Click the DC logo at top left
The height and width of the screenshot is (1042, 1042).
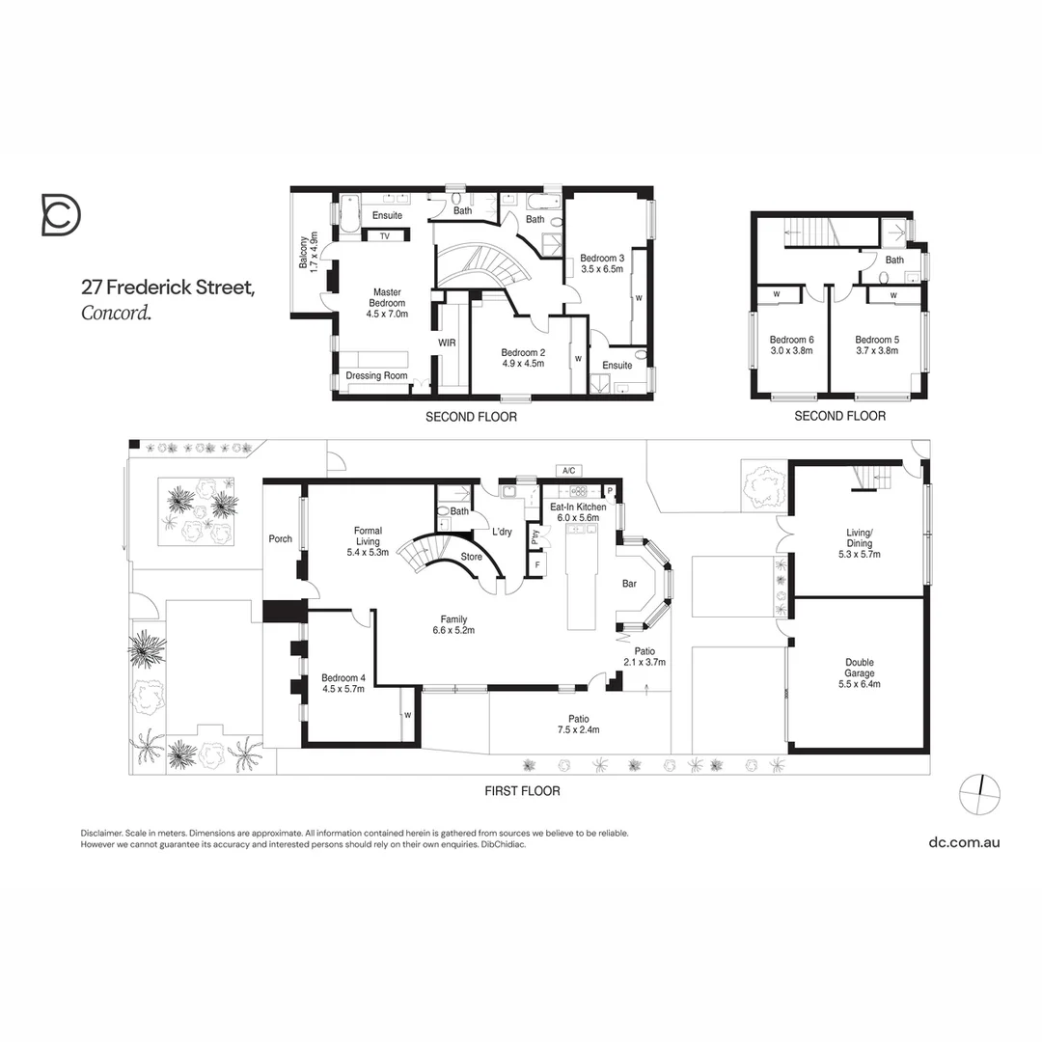(61, 214)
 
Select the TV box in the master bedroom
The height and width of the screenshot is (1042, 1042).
(384, 235)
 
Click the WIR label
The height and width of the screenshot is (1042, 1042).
(447, 343)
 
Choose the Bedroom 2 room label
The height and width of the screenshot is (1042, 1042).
(523, 358)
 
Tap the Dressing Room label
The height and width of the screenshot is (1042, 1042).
(376, 375)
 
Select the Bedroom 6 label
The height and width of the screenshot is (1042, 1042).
(791, 345)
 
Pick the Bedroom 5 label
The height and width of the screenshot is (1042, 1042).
(876, 345)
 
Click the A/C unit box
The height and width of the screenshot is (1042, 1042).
(568, 470)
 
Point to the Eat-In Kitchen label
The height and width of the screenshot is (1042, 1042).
(578, 512)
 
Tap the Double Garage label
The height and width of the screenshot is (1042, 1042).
(860, 672)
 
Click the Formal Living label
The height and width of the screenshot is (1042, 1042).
(368, 541)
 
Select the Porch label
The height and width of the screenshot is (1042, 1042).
(280, 539)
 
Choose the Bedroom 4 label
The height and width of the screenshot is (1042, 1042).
(343, 684)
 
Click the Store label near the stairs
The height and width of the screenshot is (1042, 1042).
(471, 557)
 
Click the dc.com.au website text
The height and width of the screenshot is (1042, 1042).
(964, 841)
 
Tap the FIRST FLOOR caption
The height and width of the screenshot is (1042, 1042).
(522, 790)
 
